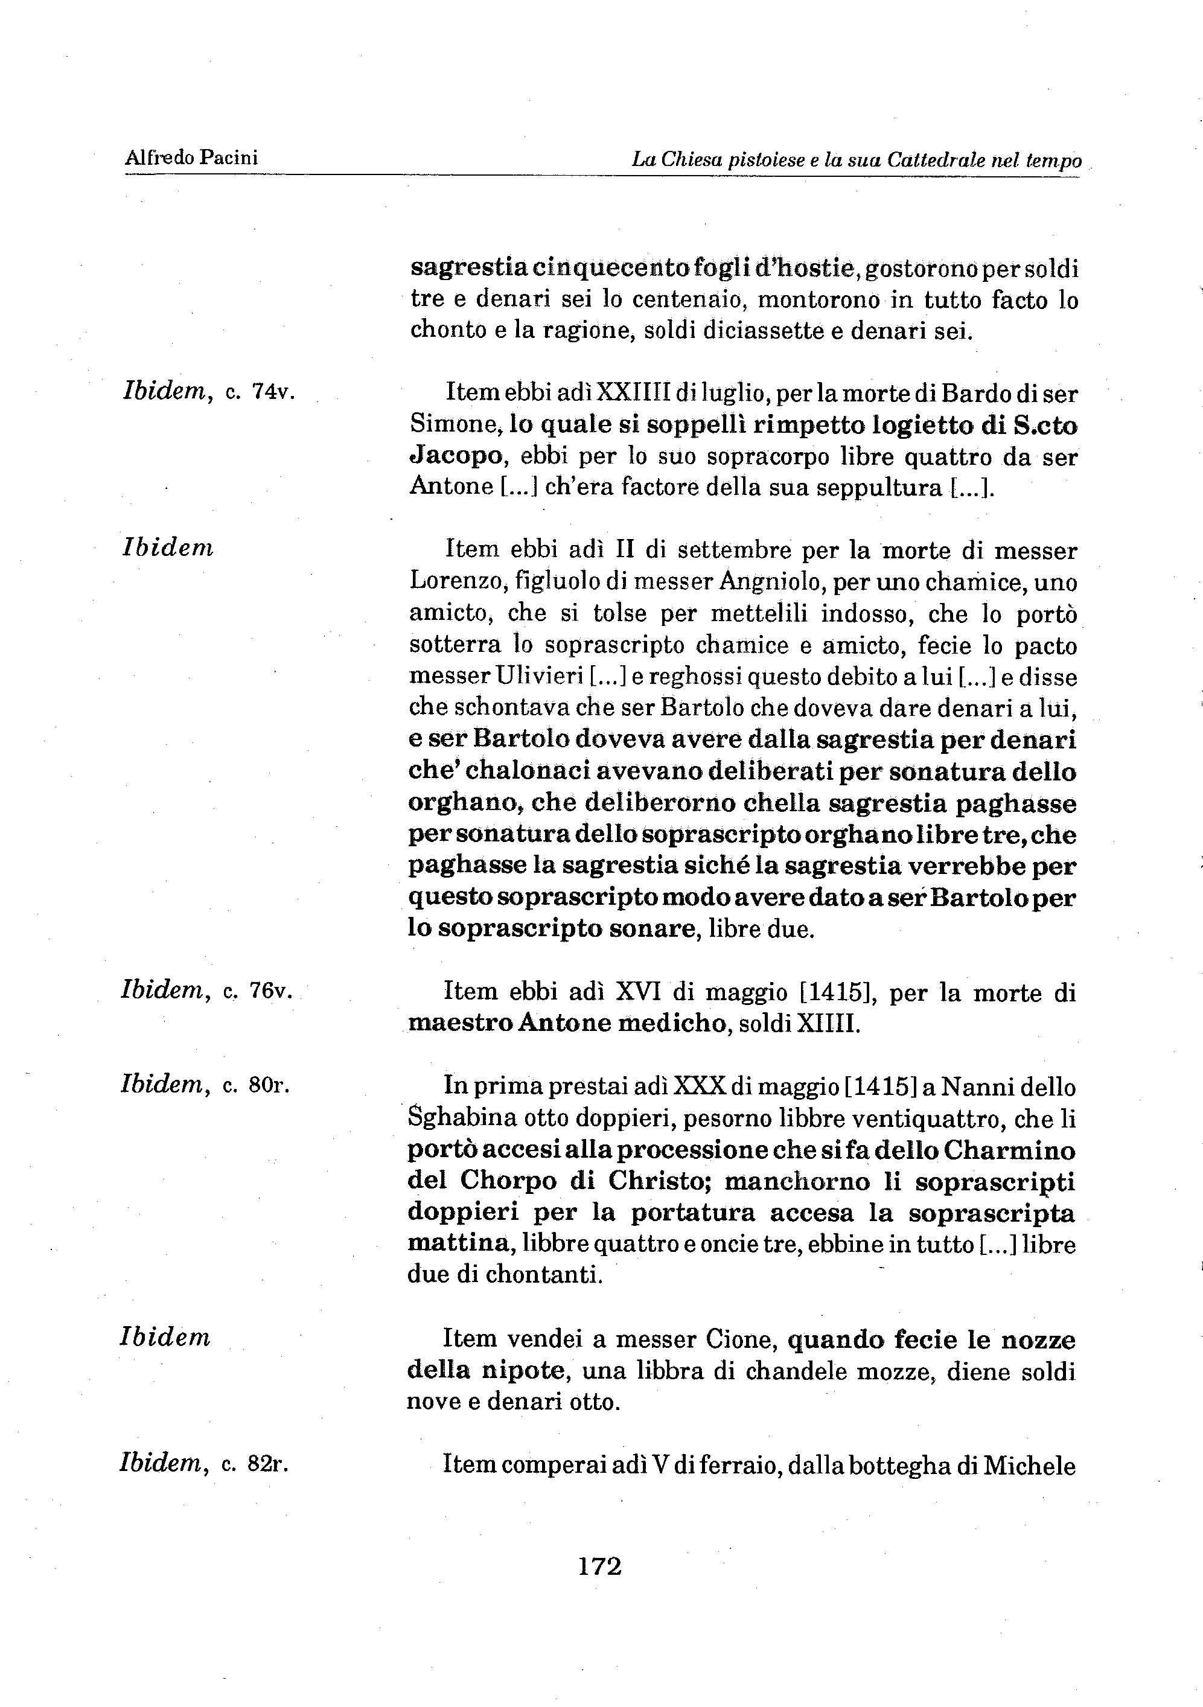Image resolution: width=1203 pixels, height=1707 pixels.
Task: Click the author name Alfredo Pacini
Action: [191, 158]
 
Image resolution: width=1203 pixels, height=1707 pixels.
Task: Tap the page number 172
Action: [599, 1566]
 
